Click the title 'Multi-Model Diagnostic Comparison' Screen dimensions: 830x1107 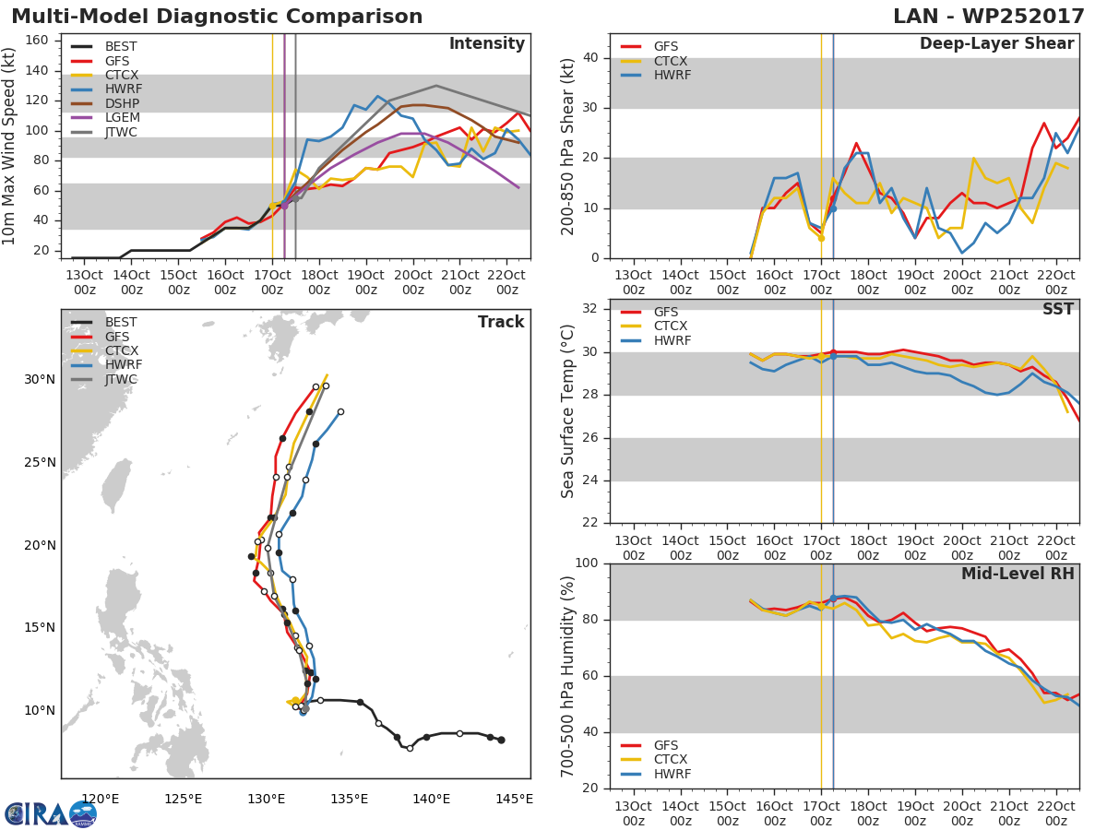click(x=217, y=17)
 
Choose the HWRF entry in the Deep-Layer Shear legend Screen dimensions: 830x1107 click(x=672, y=75)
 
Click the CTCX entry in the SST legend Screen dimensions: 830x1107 click(x=672, y=326)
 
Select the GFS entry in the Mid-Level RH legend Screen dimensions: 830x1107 click(x=672, y=745)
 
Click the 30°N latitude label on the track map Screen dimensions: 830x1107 click(x=39, y=379)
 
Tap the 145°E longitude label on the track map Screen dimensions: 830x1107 click(x=513, y=799)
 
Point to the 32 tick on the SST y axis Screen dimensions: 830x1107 click(x=589, y=309)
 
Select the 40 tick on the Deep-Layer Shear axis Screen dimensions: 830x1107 click(x=589, y=58)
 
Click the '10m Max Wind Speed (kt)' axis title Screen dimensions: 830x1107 click(x=11, y=146)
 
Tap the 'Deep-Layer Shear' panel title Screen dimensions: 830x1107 click(x=996, y=44)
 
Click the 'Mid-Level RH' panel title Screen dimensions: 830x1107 click(x=1018, y=574)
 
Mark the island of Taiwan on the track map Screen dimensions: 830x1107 click(x=115, y=485)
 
